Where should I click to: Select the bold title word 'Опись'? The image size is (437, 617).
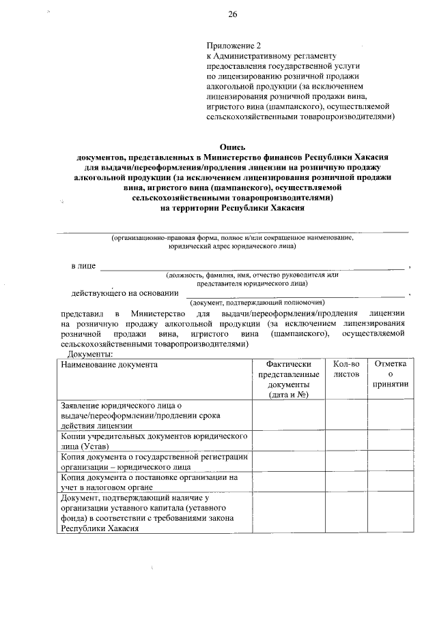[x=233, y=147]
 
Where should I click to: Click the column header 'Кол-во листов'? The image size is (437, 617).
[x=346, y=370]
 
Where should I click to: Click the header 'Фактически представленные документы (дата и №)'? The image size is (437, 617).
[x=289, y=379]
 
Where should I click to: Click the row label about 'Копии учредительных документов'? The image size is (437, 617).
[x=154, y=440]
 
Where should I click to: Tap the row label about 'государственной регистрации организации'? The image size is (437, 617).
[x=154, y=462]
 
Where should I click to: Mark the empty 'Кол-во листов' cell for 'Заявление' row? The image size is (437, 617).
[x=346, y=415]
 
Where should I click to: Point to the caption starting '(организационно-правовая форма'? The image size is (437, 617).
[x=233, y=241]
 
